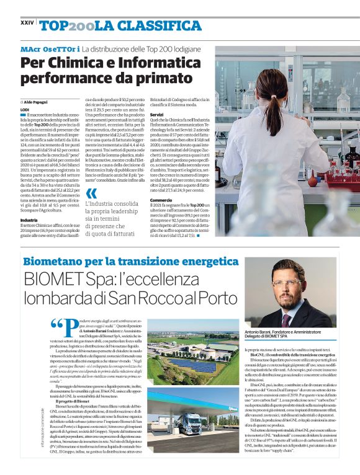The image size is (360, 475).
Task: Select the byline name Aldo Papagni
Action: tap(37, 101)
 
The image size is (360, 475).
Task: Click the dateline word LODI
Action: tap(25, 109)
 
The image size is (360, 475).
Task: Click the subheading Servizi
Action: tap(156, 115)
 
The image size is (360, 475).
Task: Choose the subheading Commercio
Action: tap(161, 200)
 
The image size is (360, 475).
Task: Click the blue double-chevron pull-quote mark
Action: tap(91, 193)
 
